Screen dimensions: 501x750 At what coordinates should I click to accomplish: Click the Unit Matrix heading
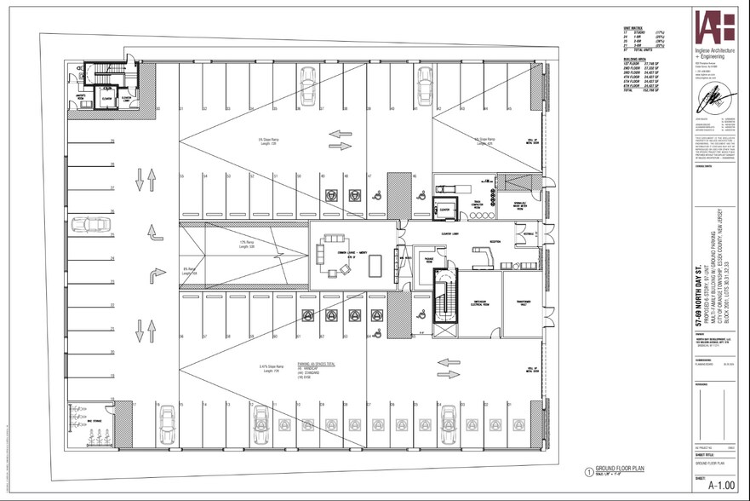pos(633,28)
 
